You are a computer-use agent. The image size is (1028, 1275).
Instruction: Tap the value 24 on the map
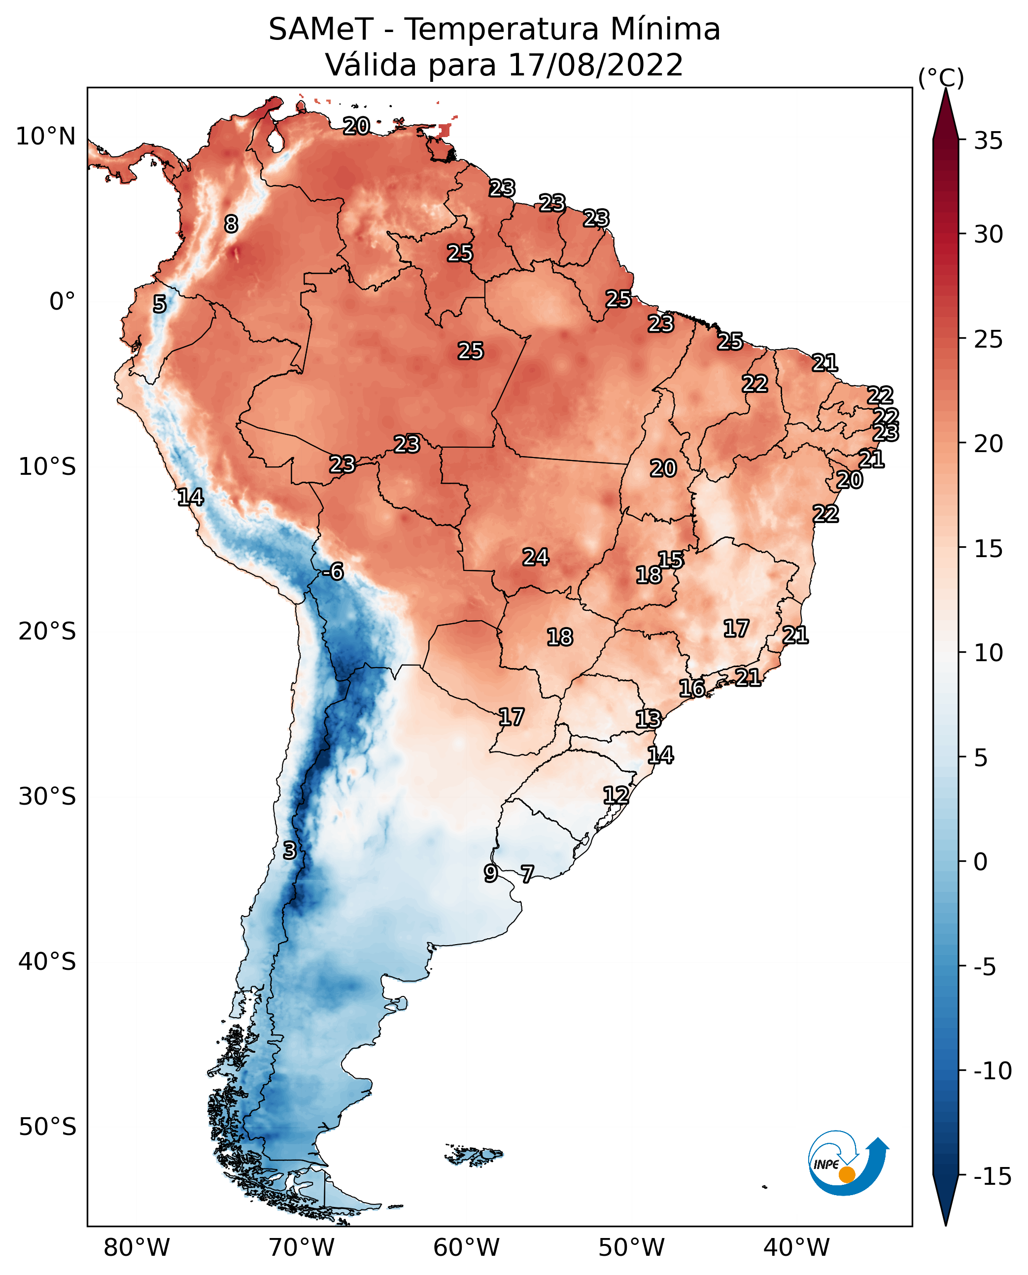[535, 557]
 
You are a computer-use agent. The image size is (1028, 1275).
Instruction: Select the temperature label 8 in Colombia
[231, 224]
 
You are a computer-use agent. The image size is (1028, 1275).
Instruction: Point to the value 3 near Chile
[289, 850]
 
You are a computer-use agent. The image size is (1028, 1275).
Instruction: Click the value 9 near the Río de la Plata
[490, 873]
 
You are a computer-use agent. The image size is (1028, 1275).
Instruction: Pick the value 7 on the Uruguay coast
[527, 873]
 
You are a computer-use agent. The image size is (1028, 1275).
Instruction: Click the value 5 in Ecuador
[159, 304]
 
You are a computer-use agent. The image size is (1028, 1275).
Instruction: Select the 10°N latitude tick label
[46, 137]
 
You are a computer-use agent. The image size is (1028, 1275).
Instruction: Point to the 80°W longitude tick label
[137, 1248]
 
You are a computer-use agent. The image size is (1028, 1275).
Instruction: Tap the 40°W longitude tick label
[796, 1248]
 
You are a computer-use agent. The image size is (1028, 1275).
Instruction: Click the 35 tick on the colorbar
[988, 141]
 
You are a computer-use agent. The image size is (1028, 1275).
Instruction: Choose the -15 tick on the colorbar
[993, 1177]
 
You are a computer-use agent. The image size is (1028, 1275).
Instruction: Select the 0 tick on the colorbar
[981, 862]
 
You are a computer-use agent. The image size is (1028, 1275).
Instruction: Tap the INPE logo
[848, 1163]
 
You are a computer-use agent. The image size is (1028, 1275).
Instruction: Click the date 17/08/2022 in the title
[596, 65]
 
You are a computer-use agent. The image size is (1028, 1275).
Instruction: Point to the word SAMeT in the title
[320, 29]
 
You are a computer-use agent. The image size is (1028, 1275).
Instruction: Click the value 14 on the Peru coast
[190, 497]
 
